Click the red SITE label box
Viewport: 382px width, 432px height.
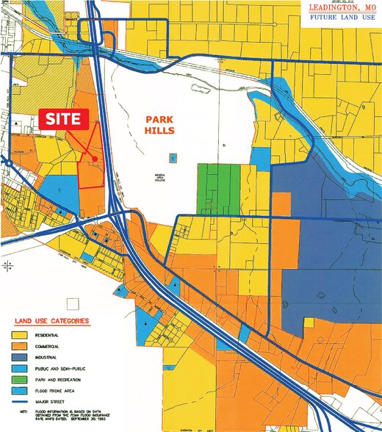tap(63, 119)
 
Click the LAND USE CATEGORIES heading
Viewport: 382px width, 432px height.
tap(51, 321)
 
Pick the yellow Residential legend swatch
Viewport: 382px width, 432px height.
tap(20, 334)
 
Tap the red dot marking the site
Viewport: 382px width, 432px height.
tap(95, 158)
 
